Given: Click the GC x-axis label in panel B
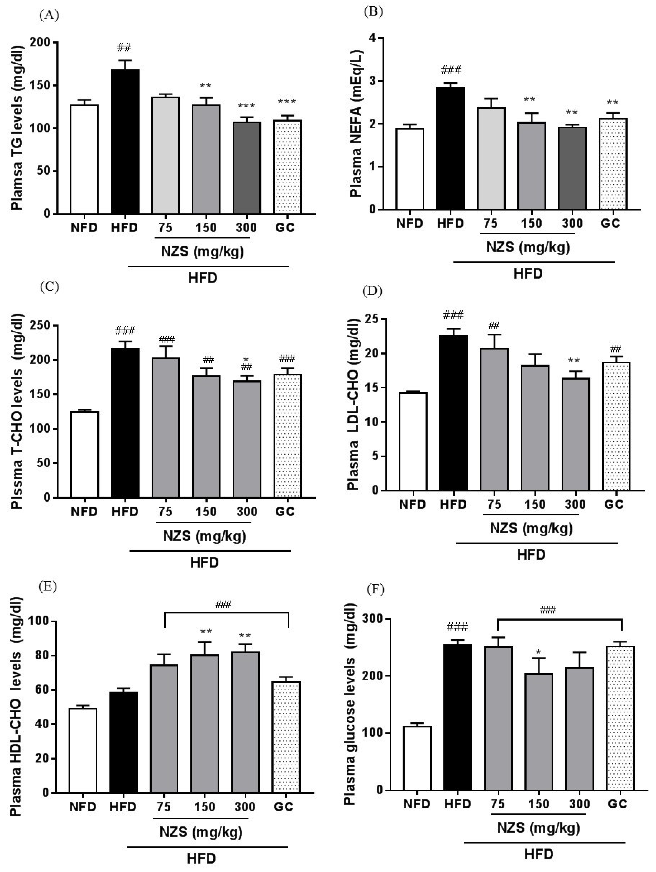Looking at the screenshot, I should click(610, 223).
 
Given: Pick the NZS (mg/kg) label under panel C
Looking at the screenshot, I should click(204, 536).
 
